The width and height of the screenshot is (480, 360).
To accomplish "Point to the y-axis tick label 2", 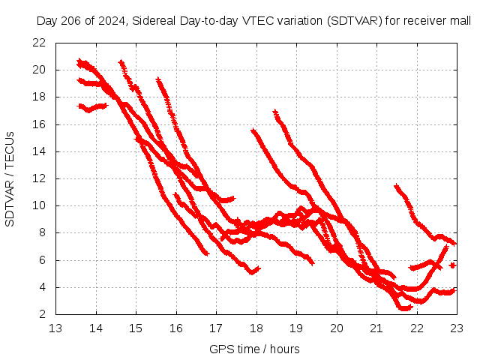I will click(x=43, y=314).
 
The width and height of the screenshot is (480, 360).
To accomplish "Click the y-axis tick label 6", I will click(x=43, y=260).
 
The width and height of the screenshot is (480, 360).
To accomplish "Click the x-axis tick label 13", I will click(x=55, y=328).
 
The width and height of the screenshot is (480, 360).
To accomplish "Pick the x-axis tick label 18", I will click(x=256, y=328).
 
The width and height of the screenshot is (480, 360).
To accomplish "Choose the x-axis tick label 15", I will click(x=136, y=328).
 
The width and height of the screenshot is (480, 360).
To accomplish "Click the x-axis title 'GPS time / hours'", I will click(x=256, y=349).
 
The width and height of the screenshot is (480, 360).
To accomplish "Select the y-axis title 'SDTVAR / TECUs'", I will click(x=10, y=178).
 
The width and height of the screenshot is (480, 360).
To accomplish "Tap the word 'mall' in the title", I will click(x=459, y=21).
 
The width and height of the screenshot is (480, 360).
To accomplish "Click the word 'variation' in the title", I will click(x=296, y=21).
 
